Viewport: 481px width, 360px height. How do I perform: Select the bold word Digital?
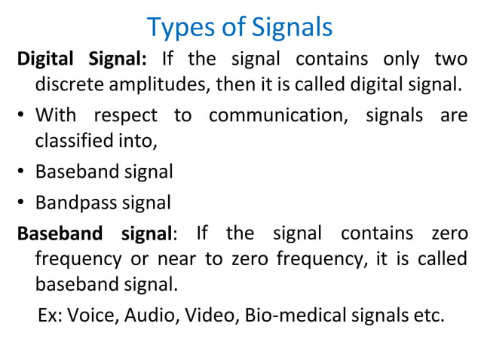click(x=45, y=59)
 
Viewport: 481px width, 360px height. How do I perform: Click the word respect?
click(x=126, y=116)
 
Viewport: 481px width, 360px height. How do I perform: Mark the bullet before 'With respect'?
click(x=23, y=117)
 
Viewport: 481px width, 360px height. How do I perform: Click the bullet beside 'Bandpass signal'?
click(x=23, y=203)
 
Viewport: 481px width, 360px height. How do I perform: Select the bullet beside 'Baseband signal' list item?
click(x=23, y=172)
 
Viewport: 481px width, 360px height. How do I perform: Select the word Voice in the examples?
click(x=87, y=315)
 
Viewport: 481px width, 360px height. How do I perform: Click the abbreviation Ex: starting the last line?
click(x=50, y=315)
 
